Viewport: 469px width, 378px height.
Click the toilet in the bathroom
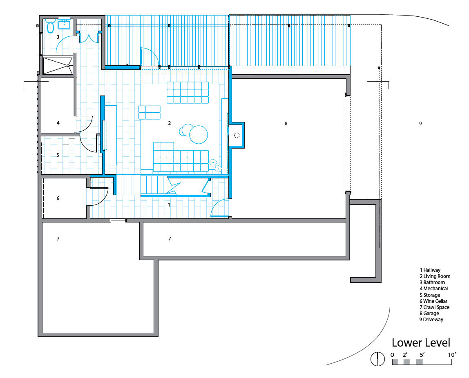tap(50, 26)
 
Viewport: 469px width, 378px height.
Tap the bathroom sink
tap(64, 23)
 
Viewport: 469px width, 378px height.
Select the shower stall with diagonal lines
tap(58, 66)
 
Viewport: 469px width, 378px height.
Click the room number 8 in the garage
tap(286, 123)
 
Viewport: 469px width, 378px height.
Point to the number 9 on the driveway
tap(420, 123)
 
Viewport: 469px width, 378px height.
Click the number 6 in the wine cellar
tap(58, 198)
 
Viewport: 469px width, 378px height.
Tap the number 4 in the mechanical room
tap(58, 122)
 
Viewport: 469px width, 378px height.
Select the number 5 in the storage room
tap(58, 155)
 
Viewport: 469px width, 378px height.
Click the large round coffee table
tap(198, 135)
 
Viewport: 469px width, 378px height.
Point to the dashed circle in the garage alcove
tap(237, 136)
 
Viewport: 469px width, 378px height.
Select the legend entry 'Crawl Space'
tap(434, 307)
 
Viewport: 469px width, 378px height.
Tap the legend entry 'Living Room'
tap(435, 276)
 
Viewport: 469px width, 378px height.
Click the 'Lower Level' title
tap(421, 343)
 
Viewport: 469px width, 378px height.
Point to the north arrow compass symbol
tap(378, 358)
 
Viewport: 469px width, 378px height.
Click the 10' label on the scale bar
tap(452, 355)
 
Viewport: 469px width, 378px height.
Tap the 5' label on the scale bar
tap(422, 355)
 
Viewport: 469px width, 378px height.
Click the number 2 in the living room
tap(170, 123)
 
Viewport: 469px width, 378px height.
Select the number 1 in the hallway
tap(169, 205)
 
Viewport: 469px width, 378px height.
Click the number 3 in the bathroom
tap(58, 37)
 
